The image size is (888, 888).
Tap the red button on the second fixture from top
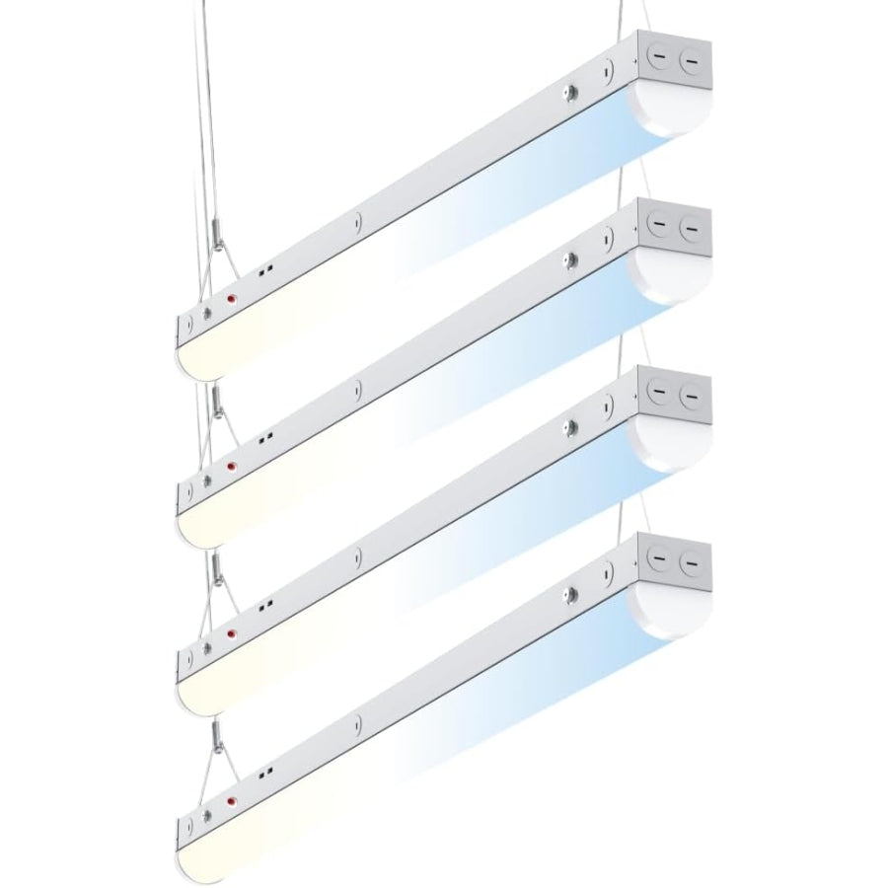[x=232, y=466]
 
